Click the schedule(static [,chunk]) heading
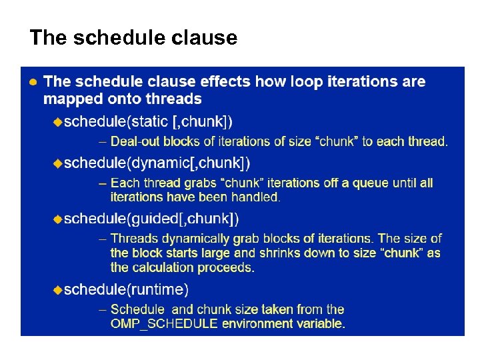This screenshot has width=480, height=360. click(x=148, y=121)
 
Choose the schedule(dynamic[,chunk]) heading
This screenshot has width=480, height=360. click(x=157, y=163)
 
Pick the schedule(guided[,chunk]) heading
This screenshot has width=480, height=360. click(x=151, y=219)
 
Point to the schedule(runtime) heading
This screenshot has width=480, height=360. click(x=126, y=289)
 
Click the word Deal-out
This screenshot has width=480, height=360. click(x=135, y=141)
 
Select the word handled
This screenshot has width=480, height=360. click(x=255, y=197)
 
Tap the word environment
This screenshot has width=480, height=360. click(x=259, y=324)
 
